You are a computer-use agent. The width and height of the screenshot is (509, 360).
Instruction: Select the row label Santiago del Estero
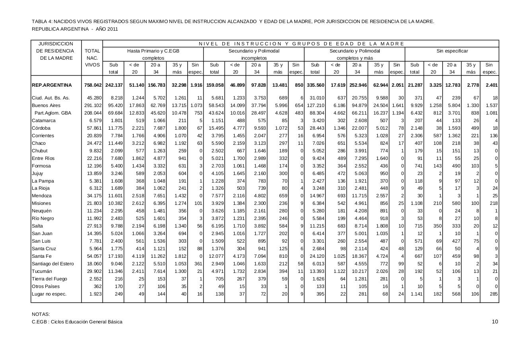point(53,264)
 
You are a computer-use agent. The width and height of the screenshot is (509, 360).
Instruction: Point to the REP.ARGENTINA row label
point(52,85)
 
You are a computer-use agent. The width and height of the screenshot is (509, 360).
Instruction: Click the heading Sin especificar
point(452,51)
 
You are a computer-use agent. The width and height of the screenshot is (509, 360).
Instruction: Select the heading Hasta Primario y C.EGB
point(153,51)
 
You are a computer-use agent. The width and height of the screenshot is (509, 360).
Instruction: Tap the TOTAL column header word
point(92,51)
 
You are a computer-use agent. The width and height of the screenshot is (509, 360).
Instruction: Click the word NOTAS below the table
point(41,314)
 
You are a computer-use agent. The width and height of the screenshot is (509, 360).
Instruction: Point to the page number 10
point(495,322)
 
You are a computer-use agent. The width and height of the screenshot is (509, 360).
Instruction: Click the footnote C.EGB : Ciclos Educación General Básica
point(77,322)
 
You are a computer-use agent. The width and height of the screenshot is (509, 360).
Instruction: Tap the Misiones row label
point(42,203)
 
